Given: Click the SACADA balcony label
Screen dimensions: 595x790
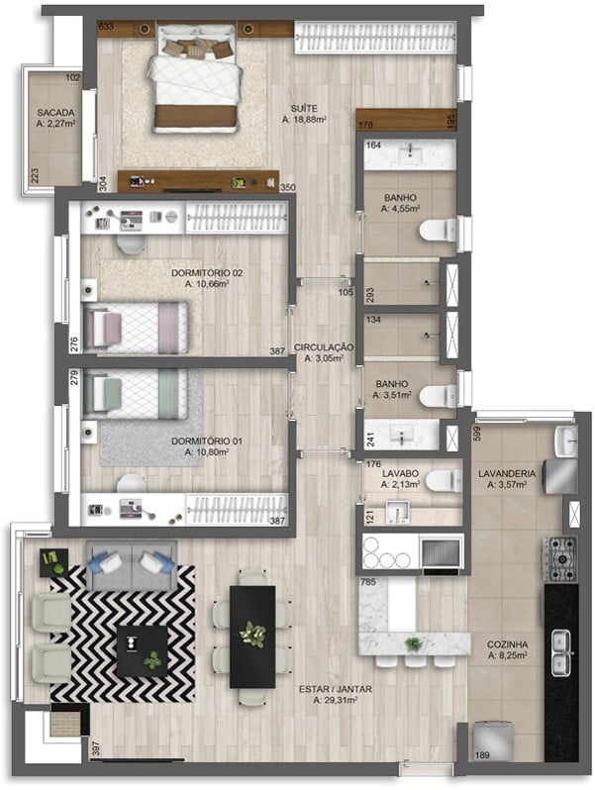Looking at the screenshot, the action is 55,113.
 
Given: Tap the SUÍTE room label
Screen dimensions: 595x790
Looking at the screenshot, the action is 304,108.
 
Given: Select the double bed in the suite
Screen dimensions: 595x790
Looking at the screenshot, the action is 195,78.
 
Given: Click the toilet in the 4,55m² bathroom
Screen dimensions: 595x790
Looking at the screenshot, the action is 438,230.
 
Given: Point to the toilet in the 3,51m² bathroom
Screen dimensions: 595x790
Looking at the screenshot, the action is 438,396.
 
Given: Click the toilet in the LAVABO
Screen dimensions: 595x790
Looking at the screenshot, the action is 444,481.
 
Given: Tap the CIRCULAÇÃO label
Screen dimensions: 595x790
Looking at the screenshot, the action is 324,347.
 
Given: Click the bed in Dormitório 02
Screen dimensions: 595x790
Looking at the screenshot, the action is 136,328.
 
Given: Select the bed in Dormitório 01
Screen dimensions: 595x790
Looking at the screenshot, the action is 136,394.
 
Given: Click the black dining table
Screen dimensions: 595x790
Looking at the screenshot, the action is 252,637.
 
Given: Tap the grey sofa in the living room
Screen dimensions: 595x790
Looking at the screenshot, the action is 132,565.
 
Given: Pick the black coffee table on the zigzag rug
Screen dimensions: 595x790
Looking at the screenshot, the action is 143,651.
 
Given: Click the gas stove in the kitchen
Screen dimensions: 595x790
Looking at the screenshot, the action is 559,559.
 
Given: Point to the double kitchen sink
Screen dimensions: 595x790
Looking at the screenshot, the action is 561,652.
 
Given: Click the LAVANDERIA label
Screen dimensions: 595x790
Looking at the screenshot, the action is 507,473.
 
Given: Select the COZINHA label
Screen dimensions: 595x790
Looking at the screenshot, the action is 507,644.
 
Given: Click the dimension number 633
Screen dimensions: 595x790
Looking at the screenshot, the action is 106,26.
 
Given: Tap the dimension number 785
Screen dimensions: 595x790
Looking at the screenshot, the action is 367,582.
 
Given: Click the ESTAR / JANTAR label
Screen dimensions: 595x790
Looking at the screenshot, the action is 335,689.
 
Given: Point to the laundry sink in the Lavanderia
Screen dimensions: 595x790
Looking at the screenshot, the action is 565,441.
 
